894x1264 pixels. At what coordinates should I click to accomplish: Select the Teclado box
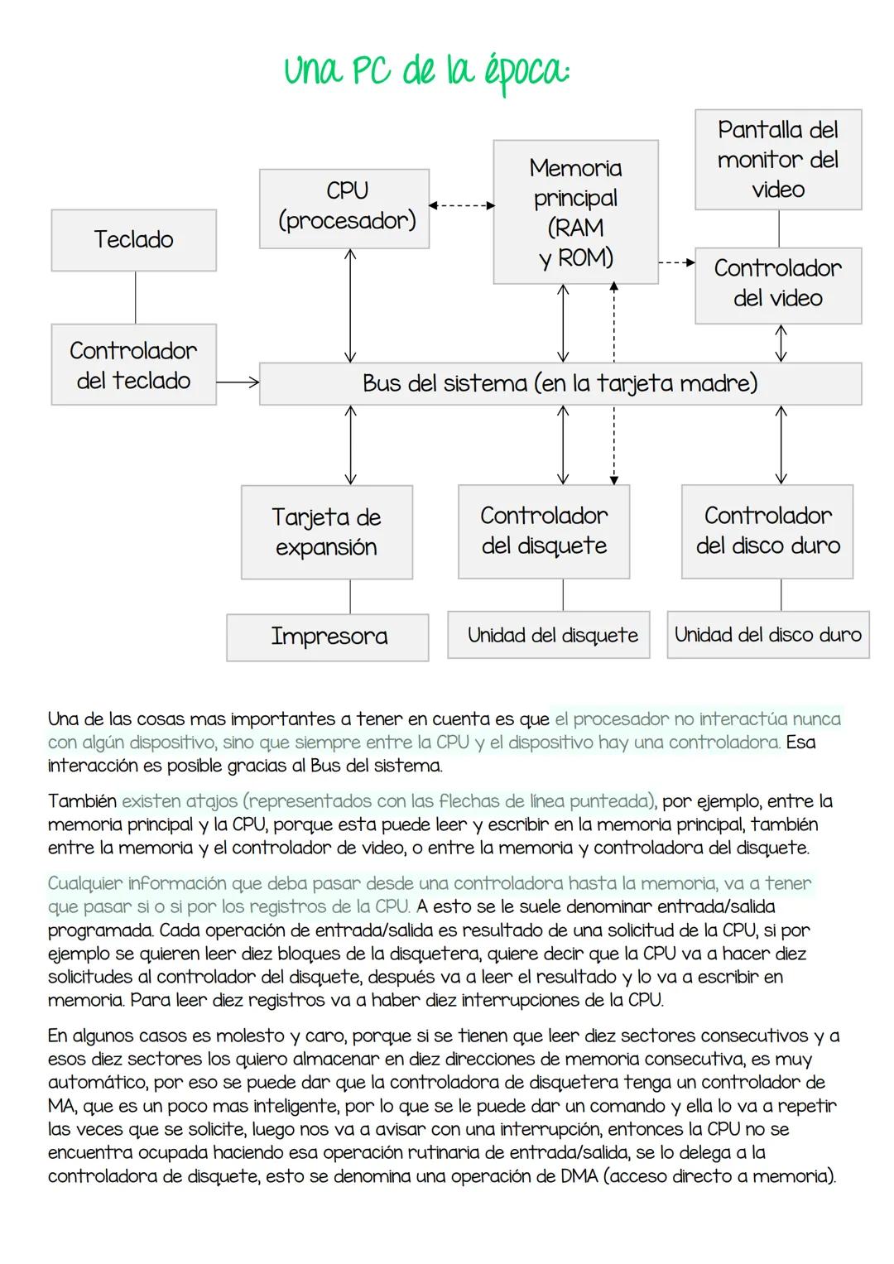click(x=134, y=240)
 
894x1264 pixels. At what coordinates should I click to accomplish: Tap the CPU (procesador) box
click(x=344, y=209)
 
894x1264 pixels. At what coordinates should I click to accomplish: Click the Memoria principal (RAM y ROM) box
click(x=575, y=213)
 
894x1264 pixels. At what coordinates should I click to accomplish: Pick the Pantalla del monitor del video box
click(x=777, y=160)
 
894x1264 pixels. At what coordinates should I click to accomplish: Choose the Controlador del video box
click(x=777, y=285)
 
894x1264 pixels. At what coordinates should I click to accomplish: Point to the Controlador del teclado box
click(x=134, y=364)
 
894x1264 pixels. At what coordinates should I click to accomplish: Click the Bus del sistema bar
click(x=560, y=384)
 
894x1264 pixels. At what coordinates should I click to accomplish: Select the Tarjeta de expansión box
click(x=327, y=532)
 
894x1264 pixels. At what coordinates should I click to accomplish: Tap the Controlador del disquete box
click(x=544, y=531)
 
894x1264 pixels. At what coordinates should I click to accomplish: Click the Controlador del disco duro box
click(x=767, y=531)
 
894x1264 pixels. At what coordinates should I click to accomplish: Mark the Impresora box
click(x=328, y=637)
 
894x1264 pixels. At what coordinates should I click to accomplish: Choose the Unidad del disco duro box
click(x=767, y=635)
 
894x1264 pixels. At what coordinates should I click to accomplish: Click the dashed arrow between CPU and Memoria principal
click(x=461, y=205)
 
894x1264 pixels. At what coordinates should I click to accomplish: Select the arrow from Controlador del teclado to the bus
click(x=238, y=382)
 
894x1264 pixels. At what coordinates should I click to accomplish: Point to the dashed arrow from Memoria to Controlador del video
click(x=676, y=263)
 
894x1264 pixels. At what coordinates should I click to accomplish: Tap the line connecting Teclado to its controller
click(x=135, y=297)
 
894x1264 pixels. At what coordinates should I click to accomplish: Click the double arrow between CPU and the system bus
click(x=350, y=305)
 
